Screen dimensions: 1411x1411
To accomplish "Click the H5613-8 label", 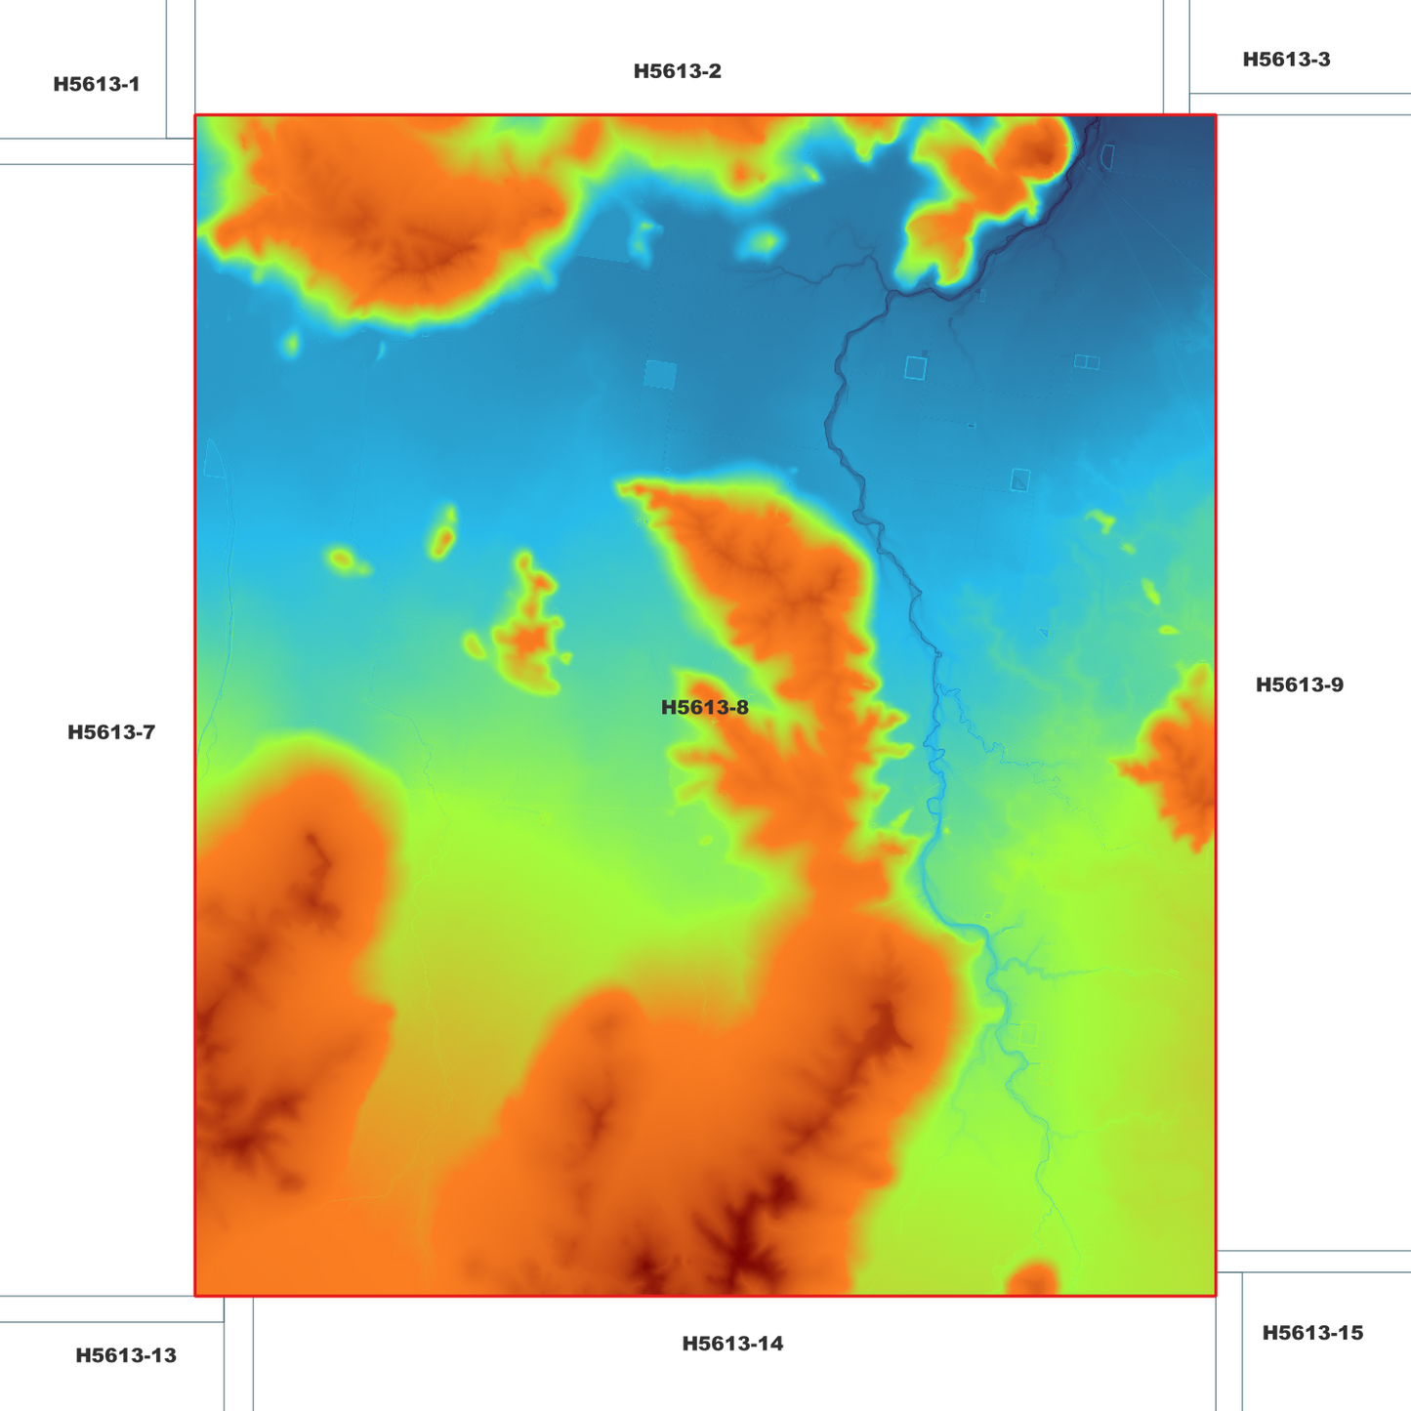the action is (704, 708).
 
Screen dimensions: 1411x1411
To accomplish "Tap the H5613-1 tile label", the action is (96, 84).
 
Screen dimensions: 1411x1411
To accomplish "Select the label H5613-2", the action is (677, 71).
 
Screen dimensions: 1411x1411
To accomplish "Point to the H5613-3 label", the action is (1285, 60).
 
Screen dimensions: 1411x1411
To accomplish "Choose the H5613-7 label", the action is (110, 732).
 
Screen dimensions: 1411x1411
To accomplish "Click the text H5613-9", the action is (1299, 685).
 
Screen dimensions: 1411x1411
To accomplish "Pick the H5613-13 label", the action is (126, 1355).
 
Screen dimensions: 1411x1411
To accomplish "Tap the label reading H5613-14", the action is (732, 1344).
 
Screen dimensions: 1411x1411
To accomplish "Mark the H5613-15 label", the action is (1311, 1333).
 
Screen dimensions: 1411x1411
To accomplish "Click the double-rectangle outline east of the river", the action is (1087, 362).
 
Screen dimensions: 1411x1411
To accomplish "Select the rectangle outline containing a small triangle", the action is (1020, 479).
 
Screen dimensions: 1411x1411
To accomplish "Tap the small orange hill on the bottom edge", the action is (1032, 1278).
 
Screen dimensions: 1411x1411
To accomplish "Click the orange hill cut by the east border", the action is (1180, 762).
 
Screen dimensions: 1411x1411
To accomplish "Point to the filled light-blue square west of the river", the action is (660, 375).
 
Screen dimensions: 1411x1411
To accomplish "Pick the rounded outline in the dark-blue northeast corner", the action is (1107, 155).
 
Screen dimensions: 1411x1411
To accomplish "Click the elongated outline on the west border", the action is (214, 459).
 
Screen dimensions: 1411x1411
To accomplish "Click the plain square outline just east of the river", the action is (915, 367).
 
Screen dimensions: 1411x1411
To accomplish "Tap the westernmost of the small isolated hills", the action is (342, 560).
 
